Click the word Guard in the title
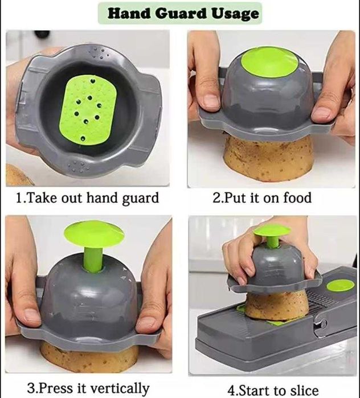[x=181, y=13]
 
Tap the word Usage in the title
[x=235, y=14]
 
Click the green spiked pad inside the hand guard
[x=88, y=110]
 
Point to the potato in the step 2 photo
[x=268, y=159]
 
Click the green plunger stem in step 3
[x=93, y=256]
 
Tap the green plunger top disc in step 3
[x=94, y=233]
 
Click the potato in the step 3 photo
[x=89, y=357]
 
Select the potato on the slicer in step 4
[x=277, y=305]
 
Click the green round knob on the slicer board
[x=340, y=286]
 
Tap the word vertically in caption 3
[x=120, y=388]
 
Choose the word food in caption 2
[x=297, y=197]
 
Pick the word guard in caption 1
[x=140, y=198]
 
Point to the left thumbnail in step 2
[x=211, y=101]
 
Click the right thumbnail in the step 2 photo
[x=321, y=114]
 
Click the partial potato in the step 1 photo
[x=17, y=175]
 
